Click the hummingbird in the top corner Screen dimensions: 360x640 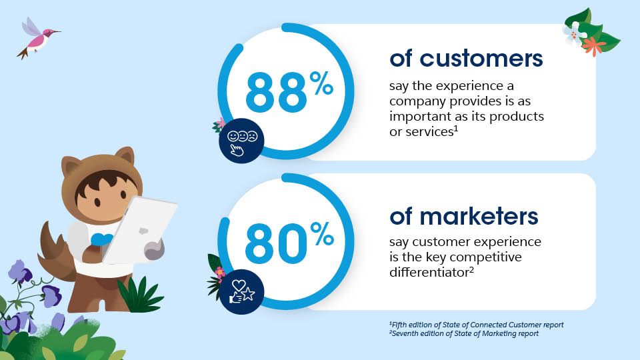tap(36, 39)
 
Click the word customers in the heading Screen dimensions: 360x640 tap(481, 59)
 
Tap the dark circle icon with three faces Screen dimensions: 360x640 tap(241, 139)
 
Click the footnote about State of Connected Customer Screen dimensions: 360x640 tap(476, 325)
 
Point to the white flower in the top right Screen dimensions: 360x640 tap(574, 31)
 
